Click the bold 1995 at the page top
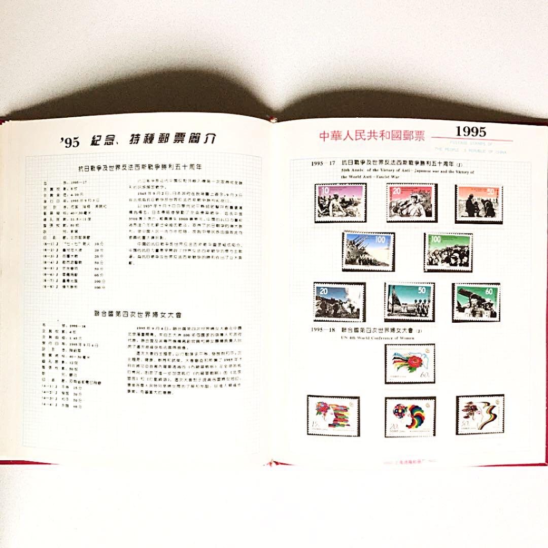(x=470, y=131)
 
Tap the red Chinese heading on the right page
(x=371, y=136)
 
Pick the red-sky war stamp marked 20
(x=410, y=202)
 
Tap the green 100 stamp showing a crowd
(x=448, y=252)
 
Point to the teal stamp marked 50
(x=409, y=302)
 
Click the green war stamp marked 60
(x=475, y=303)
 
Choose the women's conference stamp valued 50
(x=478, y=415)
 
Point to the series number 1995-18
(x=322, y=331)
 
